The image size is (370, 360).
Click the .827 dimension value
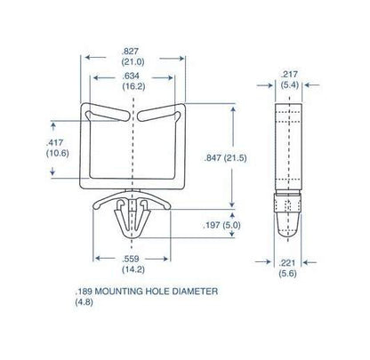(130, 52)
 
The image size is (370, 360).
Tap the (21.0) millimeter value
(133, 62)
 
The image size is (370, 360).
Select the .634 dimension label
(131, 76)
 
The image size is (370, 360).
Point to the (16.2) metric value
(133, 86)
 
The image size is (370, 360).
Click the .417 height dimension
(54, 143)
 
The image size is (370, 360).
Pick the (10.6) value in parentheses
(58, 154)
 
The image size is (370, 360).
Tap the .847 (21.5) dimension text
(225, 158)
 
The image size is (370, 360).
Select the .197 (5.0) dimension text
(221, 225)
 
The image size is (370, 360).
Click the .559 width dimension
(131, 259)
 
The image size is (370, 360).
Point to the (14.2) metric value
(133, 269)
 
